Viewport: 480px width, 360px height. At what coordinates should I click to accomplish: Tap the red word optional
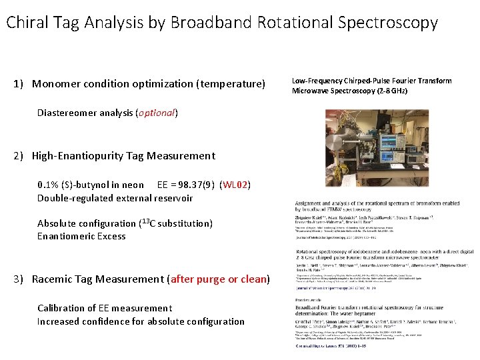coord(156,113)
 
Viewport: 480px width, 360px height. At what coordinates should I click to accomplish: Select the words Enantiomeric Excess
coord(81,236)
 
